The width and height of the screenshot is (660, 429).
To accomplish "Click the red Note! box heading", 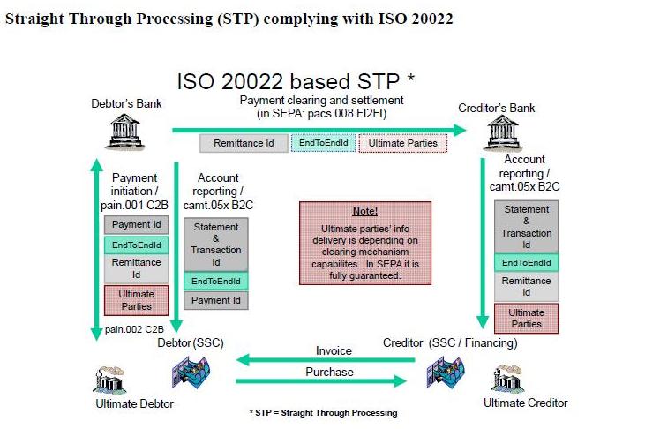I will coord(364,212).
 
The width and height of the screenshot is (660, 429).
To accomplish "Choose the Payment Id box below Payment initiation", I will coord(136,225).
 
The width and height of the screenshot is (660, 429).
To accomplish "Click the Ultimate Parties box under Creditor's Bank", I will coord(526,318).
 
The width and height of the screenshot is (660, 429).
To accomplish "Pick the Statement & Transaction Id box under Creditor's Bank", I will coord(526,226).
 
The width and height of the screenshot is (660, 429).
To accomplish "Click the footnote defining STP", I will coord(323,412).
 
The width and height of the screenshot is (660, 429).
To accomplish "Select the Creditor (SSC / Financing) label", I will coord(450,342).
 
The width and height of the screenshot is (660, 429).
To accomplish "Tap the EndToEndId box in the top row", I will coord(323,143).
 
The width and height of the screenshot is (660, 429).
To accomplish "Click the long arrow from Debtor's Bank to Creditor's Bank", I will coord(318,130).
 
